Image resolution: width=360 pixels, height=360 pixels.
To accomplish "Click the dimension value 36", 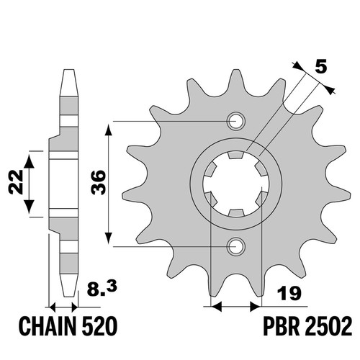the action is pos(98,182).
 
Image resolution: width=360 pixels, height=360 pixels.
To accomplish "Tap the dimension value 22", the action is pos(16,182).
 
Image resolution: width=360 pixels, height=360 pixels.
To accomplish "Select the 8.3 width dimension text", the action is pos(102,289).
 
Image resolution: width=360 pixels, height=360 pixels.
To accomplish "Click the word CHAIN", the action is pos(50,326).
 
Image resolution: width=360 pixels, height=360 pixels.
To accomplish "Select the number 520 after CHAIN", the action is pos(99,326).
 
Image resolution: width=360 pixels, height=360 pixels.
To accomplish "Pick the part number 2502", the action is pos(328,326).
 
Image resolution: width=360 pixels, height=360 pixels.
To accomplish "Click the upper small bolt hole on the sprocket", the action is pos(236,121).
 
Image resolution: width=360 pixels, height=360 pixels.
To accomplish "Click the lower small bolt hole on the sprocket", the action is pos(236,246).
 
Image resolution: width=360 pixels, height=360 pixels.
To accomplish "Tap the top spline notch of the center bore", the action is pos(235,155).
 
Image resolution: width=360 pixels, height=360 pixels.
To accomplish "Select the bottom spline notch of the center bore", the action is pos(235,212).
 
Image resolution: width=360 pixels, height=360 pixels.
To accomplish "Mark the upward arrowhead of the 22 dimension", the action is pos(30,161).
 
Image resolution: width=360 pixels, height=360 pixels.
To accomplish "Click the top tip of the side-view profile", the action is pos(68,70).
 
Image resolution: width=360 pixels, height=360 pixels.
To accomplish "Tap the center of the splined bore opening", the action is pos(235,184).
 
